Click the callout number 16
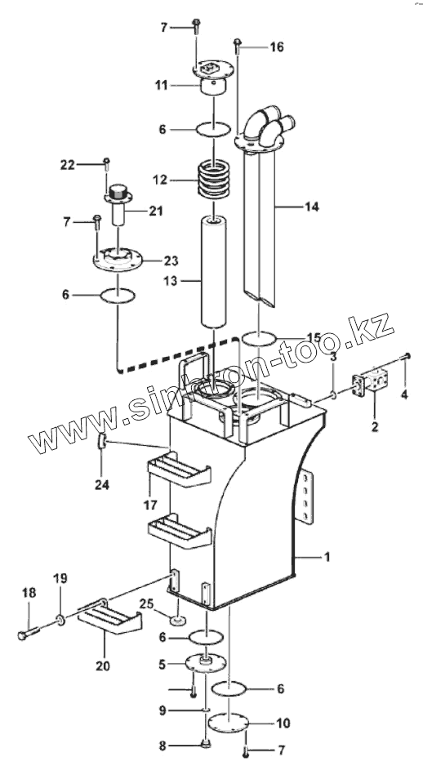pos(277,47)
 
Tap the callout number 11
pos(161,86)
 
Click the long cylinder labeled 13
pos(214,274)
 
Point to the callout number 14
pos(312,207)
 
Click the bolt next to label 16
pos(238,47)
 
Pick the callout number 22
pos(68,165)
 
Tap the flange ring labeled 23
pos(118,257)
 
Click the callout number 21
pos(156,211)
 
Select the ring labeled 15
pos(259,339)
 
